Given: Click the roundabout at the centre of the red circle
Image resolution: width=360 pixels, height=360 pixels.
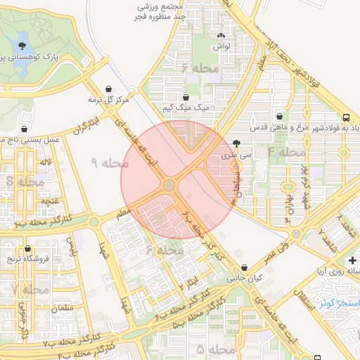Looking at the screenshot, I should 169,185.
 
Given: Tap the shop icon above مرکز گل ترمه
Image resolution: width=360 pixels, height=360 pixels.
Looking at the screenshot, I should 109,89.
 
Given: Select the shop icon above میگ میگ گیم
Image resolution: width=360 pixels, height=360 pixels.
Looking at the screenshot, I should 186,98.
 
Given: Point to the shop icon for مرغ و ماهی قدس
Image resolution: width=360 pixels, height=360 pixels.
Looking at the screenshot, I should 280,117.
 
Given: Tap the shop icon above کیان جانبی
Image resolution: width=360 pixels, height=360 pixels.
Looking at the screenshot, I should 244,268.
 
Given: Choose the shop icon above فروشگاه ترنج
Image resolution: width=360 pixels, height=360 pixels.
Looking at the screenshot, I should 28,249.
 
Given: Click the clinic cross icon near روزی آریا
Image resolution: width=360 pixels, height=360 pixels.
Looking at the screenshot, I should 352,259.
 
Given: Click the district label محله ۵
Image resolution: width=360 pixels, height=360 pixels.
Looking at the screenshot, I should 215,349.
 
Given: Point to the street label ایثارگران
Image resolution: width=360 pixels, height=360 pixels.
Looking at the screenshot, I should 84,127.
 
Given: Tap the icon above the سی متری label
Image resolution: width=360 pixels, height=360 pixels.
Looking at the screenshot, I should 235,143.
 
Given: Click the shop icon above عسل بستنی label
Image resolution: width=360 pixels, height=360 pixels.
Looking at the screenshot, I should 25,129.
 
